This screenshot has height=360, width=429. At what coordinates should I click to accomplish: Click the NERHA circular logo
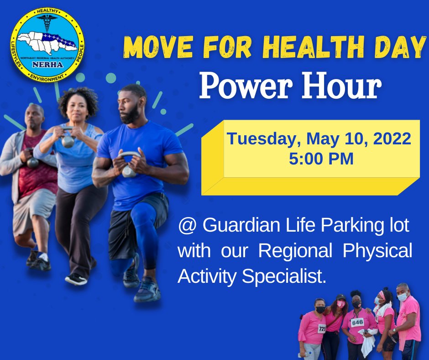point(47,45)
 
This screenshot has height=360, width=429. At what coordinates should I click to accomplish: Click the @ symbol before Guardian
point(187,226)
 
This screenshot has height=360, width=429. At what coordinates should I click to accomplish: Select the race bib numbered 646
point(357,322)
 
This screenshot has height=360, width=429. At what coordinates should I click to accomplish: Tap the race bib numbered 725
point(322,328)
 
